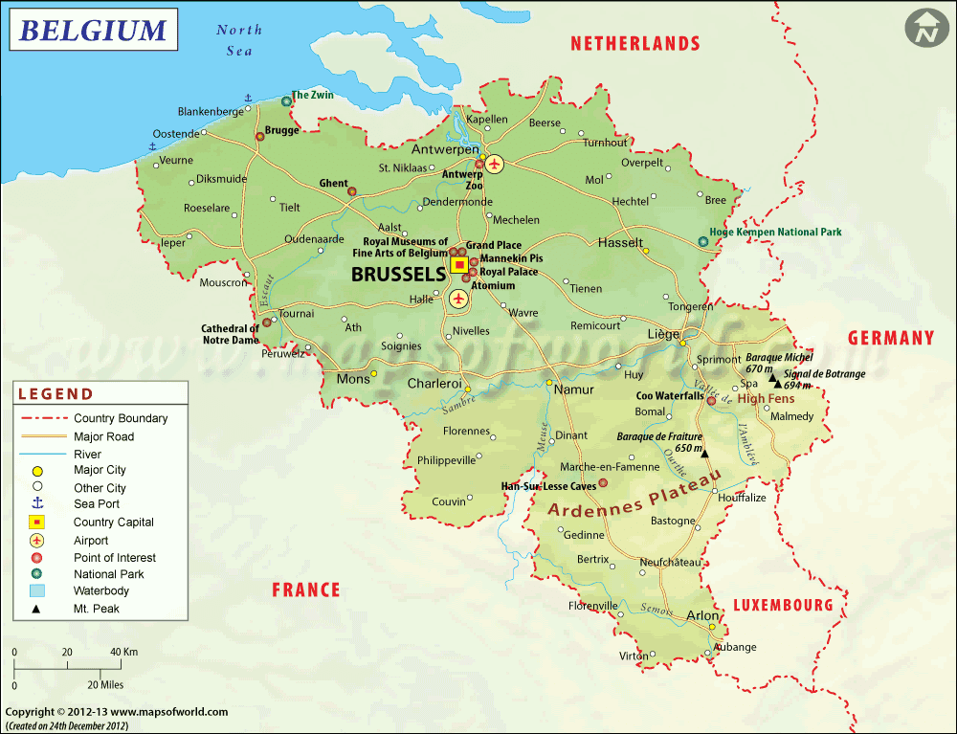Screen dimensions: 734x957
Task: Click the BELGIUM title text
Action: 93,31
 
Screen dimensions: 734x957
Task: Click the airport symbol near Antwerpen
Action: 495,164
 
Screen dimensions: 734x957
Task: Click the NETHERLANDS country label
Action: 635,43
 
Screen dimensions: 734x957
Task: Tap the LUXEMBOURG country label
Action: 784,605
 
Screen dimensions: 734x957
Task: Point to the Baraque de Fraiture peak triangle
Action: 704,453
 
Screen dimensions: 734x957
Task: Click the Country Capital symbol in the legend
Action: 37,523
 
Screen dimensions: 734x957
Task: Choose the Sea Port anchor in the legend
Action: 37,503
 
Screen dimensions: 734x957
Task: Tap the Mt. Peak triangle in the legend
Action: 37,609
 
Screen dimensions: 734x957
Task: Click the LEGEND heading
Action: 56,394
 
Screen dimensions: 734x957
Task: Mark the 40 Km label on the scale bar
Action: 124,652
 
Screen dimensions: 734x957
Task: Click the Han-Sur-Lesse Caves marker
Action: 602,483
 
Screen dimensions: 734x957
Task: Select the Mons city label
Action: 353,380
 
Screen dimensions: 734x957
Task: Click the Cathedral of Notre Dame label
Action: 230,334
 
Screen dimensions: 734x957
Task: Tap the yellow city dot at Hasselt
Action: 646,252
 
